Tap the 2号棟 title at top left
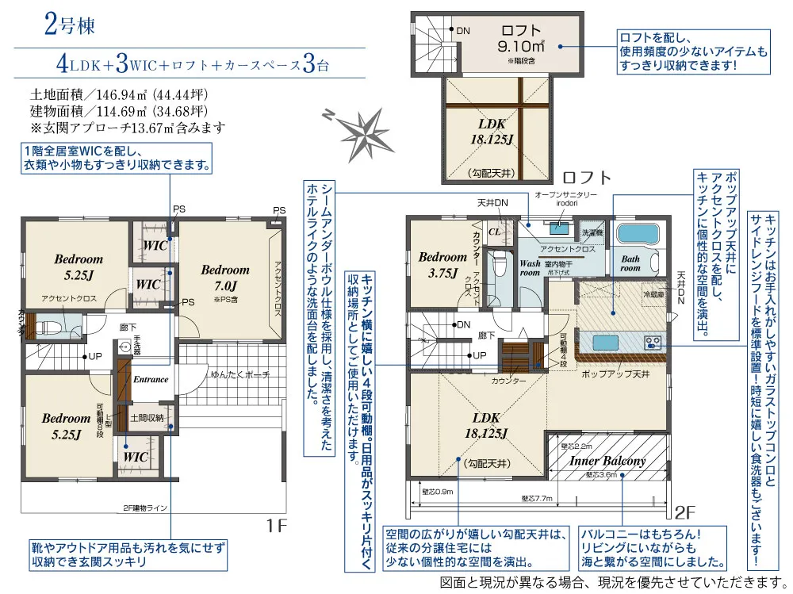[69, 25]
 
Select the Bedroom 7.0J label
[224, 277]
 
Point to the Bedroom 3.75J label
[442, 264]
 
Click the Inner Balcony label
[607, 461]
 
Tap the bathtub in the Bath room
[638, 236]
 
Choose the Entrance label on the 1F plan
[151, 379]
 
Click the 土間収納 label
[148, 417]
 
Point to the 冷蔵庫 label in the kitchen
[631, 293]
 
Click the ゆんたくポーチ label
[240, 374]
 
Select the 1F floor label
[277, 524]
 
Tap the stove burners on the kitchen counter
[654, 343]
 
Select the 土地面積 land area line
[119, 91]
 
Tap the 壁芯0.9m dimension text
[438, 492]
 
